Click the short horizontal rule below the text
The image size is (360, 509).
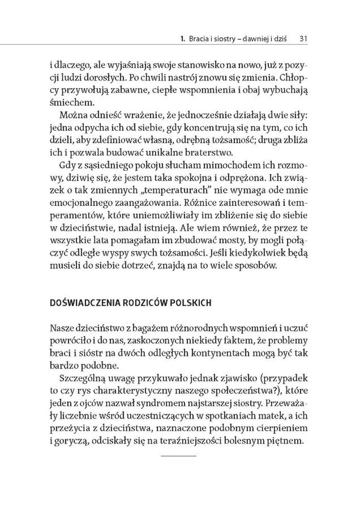coord(179,456)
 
